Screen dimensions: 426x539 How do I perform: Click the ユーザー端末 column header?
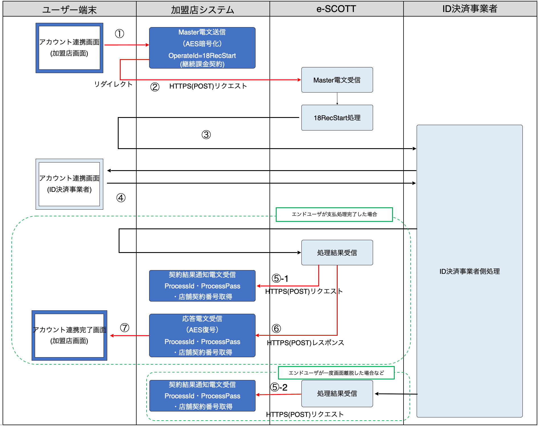[x=69, y=9]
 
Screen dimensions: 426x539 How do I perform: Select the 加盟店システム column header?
[x=202, y=9]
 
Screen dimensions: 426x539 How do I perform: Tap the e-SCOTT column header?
[x=336, y=9]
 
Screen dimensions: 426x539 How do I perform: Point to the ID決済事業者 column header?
[x=470, y=9]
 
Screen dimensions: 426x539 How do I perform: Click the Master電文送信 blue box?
[x=202, y=48]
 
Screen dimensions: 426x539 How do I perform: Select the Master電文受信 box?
[x=337, y=80]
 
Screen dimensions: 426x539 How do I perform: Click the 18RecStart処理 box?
[x=337, y=118]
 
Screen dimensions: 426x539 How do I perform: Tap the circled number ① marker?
[x=119, y=34]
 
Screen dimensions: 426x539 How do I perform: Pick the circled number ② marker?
[x=155, y=87]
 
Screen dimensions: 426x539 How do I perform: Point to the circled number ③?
[x=206, y=134]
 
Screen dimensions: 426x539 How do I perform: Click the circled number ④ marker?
[x=121, y=198]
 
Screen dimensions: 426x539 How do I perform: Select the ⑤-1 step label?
[x=280, y=278]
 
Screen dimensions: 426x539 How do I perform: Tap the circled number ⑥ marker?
[x=276, y=328]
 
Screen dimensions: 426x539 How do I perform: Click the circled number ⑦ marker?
[x=125, y=327]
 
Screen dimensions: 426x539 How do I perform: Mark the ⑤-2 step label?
[x=279, y=387]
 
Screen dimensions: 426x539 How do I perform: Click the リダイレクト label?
[x=114, y=84]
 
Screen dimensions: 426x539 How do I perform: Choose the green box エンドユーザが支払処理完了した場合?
[x=334, y=214]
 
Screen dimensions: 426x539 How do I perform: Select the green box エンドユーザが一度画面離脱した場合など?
[x=336, y=373]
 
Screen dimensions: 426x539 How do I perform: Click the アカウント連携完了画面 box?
[x=69, y=335]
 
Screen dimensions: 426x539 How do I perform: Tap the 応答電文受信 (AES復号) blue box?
[x=202, y=335]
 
